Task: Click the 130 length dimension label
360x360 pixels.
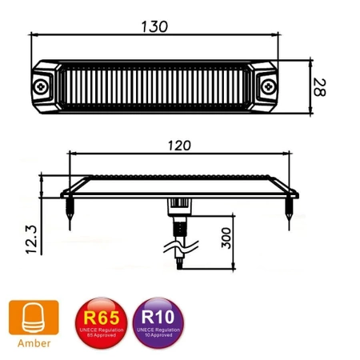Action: tap(154, 26)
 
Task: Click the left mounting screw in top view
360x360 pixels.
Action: tap(39, 85)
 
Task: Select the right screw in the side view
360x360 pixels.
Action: tap(288, 210)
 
